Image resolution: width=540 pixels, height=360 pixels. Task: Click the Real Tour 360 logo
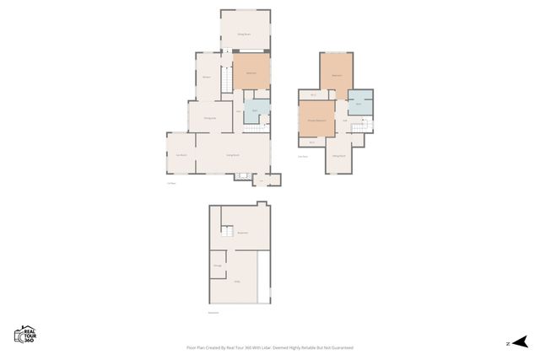pos(24,334)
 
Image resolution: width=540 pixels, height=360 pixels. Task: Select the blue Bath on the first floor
pos(256,112)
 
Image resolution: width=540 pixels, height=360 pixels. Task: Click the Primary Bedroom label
pos(316,119)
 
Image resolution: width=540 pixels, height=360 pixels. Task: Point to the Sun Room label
pos(181,155)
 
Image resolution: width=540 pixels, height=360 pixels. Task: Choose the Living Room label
pos(233,155)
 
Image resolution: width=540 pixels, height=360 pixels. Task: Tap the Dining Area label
pos(210,117)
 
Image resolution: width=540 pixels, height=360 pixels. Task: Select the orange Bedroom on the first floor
pos(251,73)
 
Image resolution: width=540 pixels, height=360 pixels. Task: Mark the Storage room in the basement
pos(218,266)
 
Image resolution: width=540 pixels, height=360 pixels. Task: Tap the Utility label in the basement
pos(238,282)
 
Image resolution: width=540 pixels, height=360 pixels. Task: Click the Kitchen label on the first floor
pos(207,77)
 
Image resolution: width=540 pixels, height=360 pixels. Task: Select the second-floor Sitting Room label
pos(339,156)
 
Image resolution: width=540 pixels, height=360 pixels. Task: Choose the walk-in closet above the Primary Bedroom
pos(313,94)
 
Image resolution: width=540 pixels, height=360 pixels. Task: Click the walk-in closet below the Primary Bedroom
pos(311,142)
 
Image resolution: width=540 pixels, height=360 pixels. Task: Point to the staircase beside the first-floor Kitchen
pos(227,80)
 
